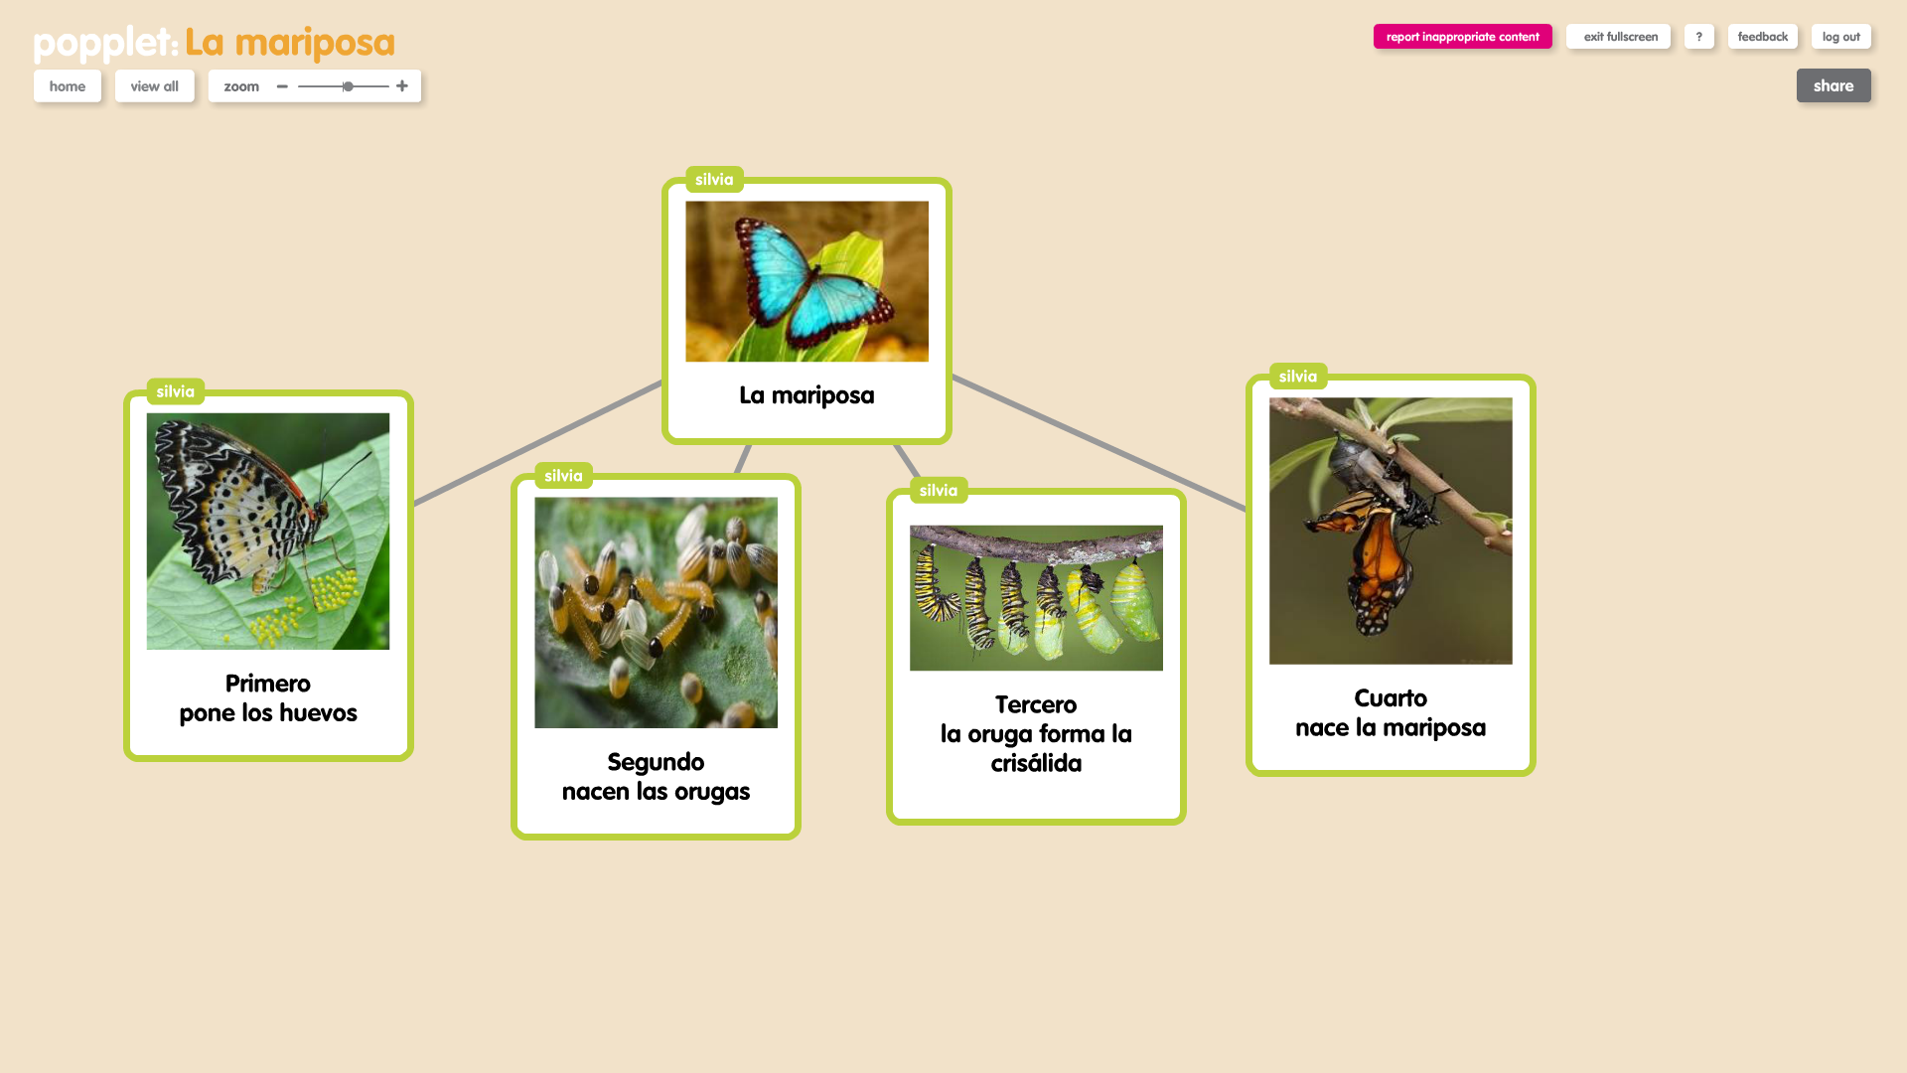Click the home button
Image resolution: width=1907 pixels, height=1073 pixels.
click(68, 86)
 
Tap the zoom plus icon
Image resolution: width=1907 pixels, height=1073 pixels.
click(402, 86)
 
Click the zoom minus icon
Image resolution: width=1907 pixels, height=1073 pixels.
click(282, 86)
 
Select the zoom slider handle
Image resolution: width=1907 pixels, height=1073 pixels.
click(349, 86)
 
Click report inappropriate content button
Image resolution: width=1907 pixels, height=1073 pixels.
click(1462, 37)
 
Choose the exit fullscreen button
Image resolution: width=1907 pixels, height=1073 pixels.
click(1618, 37)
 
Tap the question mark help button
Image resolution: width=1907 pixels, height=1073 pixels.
click(1698, 37)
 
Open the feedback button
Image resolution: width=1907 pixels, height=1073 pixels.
click(1762, 37)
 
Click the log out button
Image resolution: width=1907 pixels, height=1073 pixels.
click(1840, 37)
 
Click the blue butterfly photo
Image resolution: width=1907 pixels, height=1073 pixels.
click(807, 281)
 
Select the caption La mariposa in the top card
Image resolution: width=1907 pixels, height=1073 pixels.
click(807, 395)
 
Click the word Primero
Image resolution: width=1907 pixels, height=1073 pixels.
click(268, 684)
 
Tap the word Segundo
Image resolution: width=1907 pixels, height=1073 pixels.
click(656, 762)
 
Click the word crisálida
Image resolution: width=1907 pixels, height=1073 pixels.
click(1036, 763)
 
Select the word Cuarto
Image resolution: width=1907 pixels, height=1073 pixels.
click(1391, 698)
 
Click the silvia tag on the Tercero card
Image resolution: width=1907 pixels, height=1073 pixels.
click(939, 491)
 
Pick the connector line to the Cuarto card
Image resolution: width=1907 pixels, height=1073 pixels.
click(1099, 443)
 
